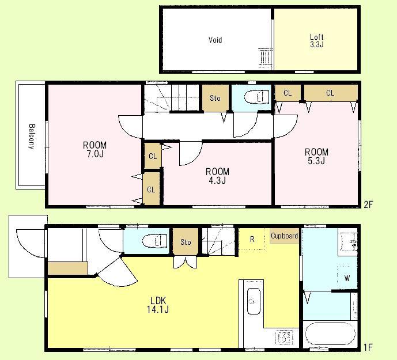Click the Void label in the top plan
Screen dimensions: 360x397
click(x=215, y=40)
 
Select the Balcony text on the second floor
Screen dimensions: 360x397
click(x=31, y=137)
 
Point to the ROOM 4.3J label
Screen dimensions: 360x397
click(x=217, y=176)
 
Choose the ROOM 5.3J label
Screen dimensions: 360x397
click(x=316, y=156)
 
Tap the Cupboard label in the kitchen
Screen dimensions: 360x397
click(x=284, y=236)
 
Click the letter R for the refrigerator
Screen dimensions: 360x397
click(x=252, y=239)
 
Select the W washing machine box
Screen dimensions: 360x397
click(x=347, y=278)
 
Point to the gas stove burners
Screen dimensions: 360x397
click(x=284, y=337)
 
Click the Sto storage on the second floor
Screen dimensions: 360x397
click(x=215, y=98)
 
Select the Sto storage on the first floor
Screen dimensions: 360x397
click(x=186, y=242)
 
